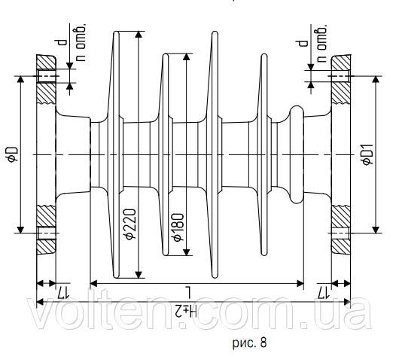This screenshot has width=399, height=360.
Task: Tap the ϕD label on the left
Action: [x=13, y=154]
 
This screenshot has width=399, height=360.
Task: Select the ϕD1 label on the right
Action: [x=368, y=154]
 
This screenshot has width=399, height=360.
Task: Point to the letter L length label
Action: [x=189, y=291]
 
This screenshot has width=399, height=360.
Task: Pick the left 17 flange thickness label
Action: [x=62, y=293]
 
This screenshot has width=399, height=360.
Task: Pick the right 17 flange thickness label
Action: [x=323, y=293]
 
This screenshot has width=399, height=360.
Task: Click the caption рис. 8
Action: [x=249, y=343]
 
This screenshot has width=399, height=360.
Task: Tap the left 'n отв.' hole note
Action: [x=81, y=42]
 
